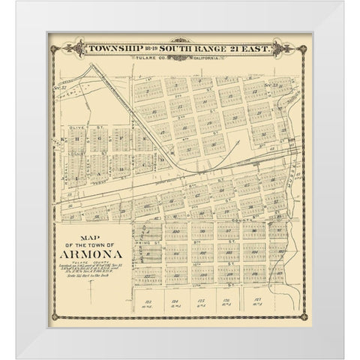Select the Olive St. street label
coord(73,129)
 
